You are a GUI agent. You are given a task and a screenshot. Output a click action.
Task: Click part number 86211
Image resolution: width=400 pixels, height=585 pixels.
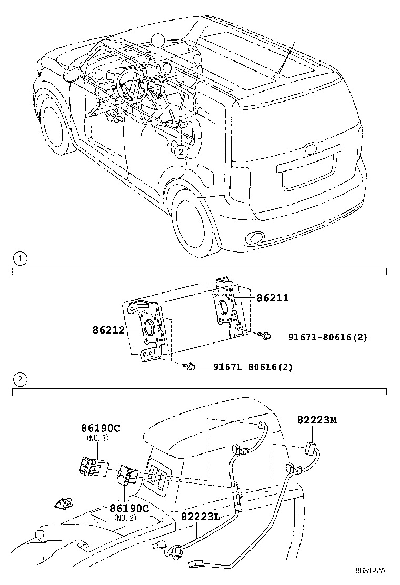pos(272,298)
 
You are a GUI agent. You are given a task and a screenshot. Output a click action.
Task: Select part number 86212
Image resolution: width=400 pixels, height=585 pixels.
pos(108,330)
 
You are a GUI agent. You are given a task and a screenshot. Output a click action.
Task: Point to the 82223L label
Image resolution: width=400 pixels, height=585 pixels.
pos(201,517)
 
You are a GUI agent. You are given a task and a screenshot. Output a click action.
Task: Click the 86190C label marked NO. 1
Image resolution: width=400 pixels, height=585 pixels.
pos(101,428)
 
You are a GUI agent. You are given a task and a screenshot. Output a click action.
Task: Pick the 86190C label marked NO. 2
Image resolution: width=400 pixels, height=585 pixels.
pos(129,508)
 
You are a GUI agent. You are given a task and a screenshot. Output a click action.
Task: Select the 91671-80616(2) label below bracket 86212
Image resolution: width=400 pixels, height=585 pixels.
pos(253,367)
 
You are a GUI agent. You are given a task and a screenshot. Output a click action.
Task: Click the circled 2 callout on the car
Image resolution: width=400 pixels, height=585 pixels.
pos(181,152)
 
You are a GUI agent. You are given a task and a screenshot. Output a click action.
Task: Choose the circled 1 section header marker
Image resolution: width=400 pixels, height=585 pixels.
pos(19,258)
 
